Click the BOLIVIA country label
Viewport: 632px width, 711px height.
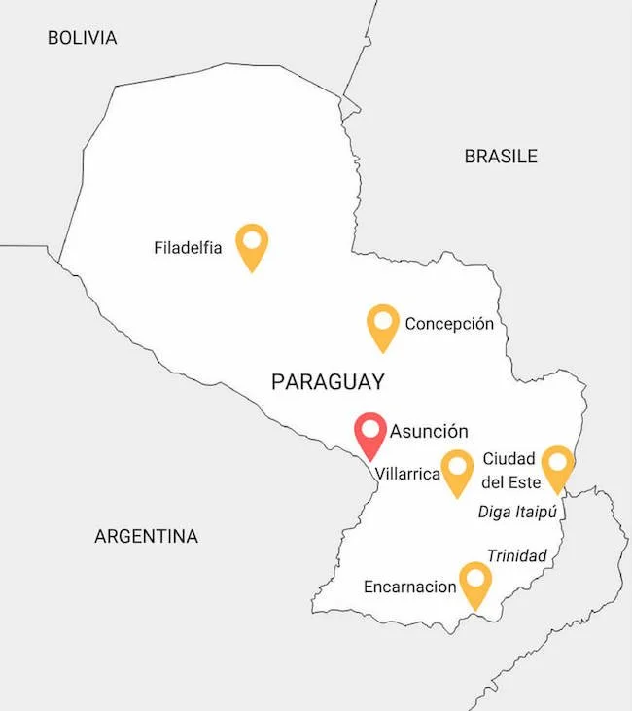[x=82, y=38]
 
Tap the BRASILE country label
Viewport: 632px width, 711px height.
[x=500, y=156]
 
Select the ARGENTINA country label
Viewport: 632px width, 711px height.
[x=146, y=536]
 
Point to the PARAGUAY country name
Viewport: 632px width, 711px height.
[x=328, y=382]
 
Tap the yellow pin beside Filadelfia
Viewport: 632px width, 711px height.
[x=252, y=245]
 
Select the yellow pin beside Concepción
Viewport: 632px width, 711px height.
[x=383, y=326]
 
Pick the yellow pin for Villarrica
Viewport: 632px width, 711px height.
[x=457, y=472]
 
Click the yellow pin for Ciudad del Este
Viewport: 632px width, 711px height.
[x=557, y=467]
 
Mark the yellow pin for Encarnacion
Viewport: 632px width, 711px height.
[x=474, y=584]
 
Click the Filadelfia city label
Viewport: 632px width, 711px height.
[x=188, y=248]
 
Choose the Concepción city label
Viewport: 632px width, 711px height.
[x=449, y=324]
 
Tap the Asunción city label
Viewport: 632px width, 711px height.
[x=429, y=431]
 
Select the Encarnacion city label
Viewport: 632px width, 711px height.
[x=409, y=587]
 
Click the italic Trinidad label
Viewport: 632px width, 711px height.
[x=516, y=556]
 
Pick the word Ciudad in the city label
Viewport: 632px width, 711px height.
[x=509, y=459]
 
